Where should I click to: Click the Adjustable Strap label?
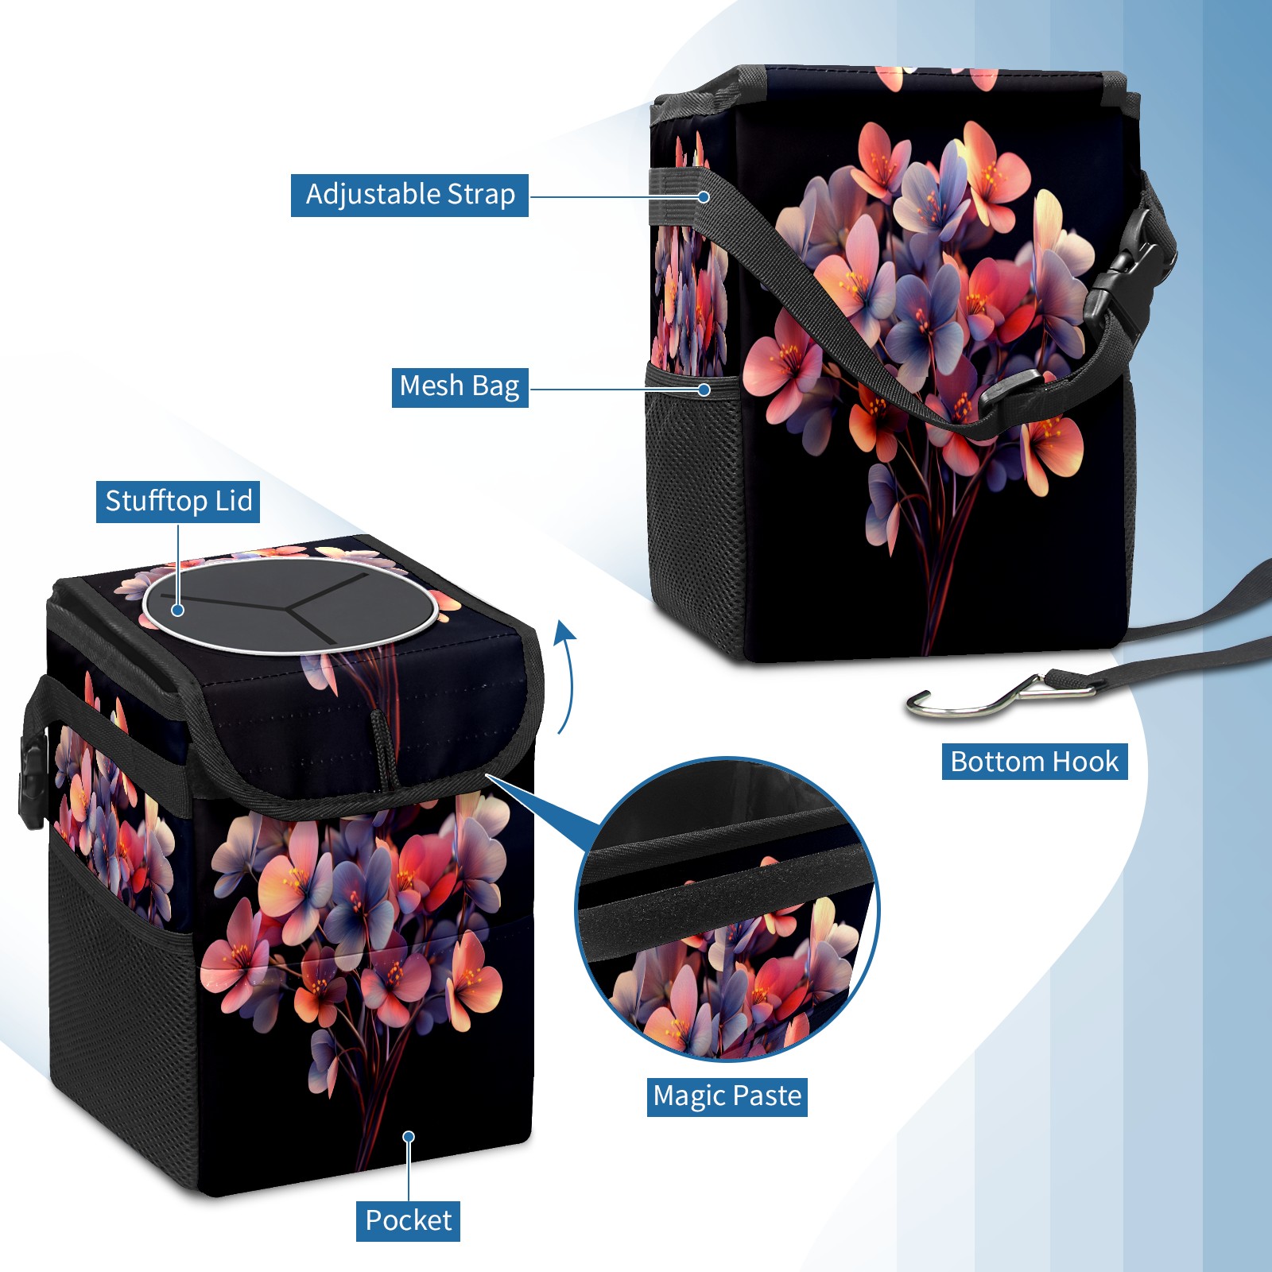[x=409, y=195]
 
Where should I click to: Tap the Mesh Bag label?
[x=460, y=387]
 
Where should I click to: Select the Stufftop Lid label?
[x=178, y=502]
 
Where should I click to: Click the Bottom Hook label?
[x=1034, y=762]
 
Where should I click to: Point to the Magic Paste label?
[x=727, y=1096]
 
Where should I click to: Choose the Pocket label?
[x=408, y=1220]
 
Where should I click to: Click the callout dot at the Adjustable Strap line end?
[x=704, y=196]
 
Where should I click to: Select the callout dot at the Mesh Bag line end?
[x=704, y=390]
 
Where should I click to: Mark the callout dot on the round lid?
[x=178, y=610]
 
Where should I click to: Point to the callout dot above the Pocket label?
[x=409, y=1137]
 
